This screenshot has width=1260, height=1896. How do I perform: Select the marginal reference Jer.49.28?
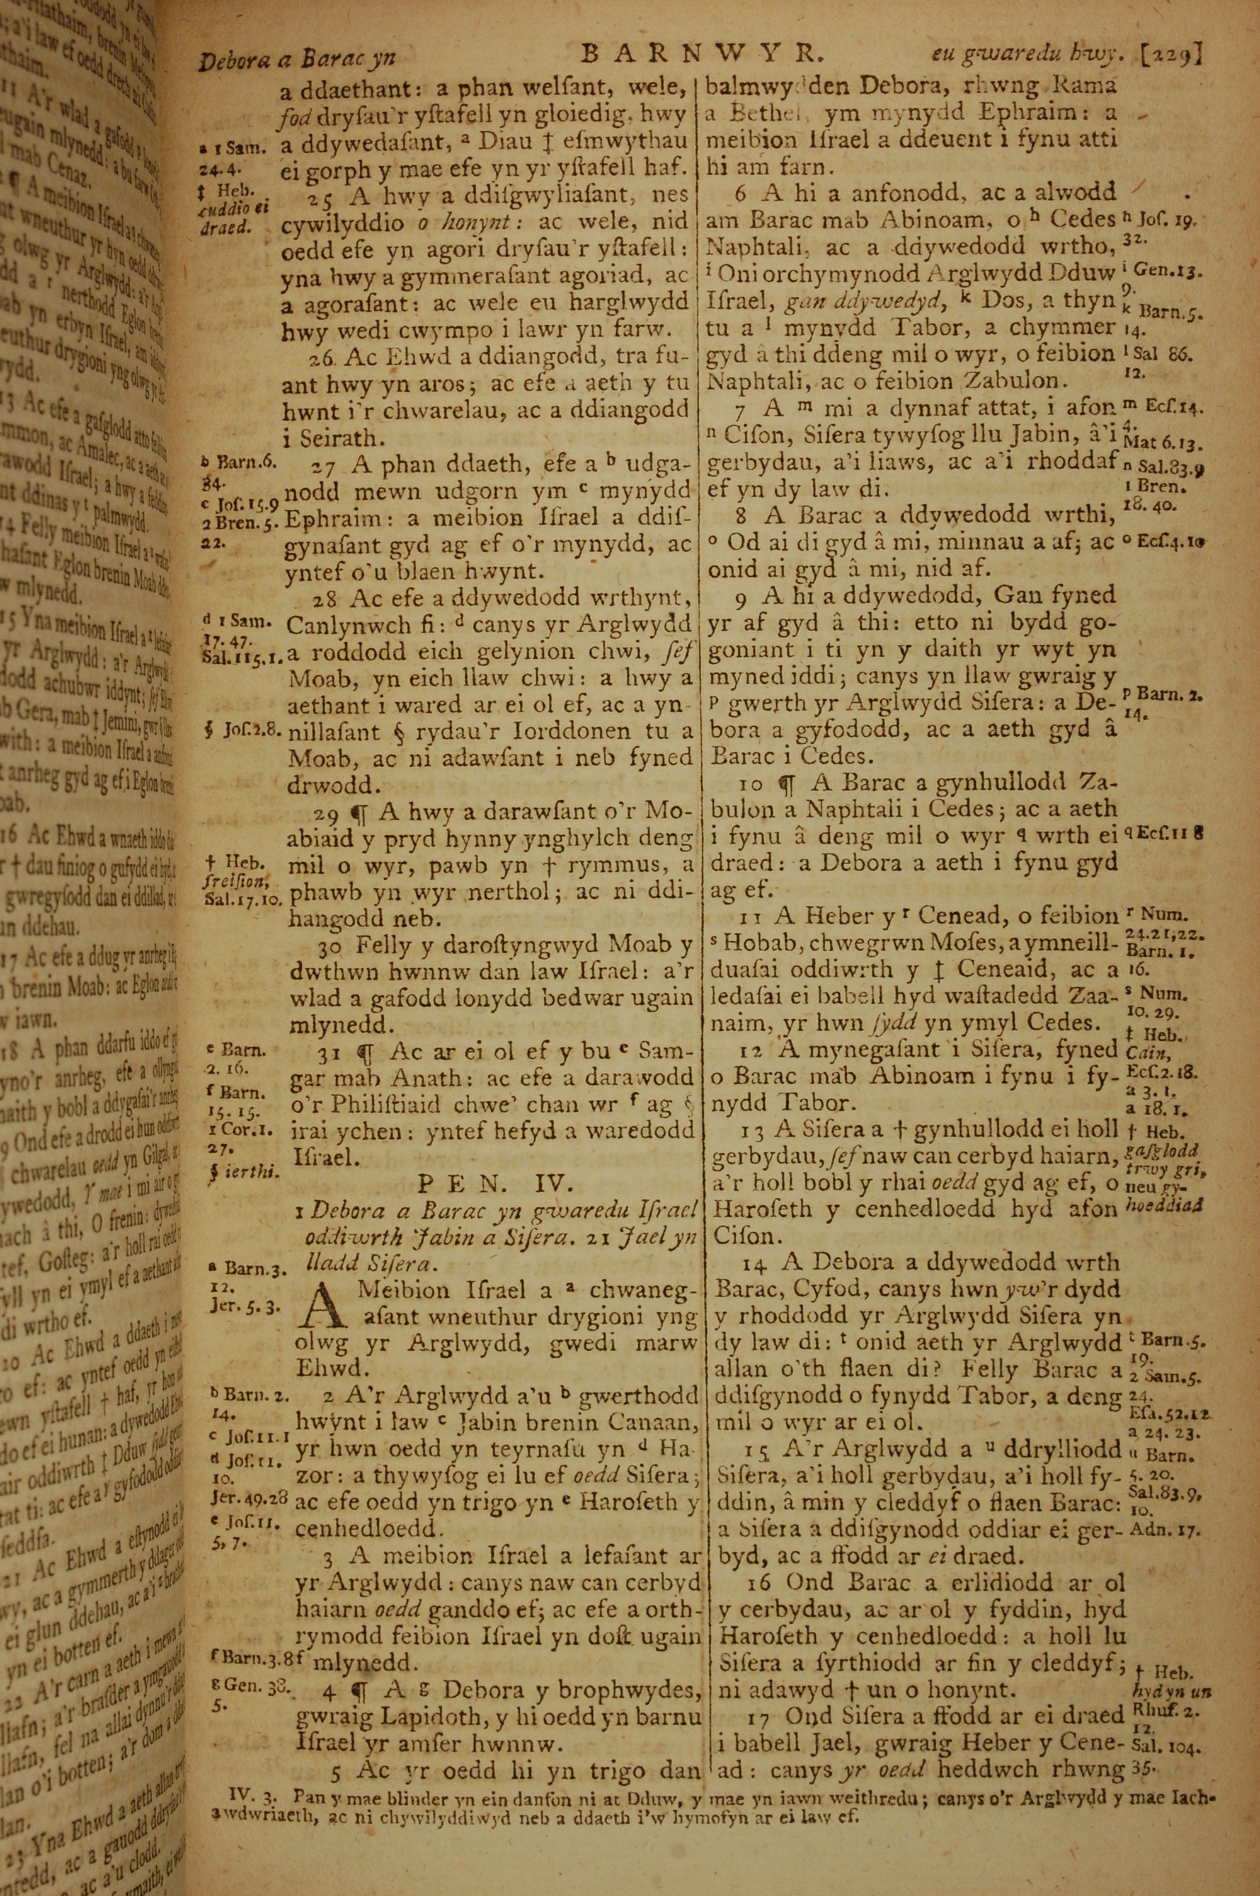248,1500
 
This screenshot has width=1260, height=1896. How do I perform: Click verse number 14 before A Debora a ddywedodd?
755,1263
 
